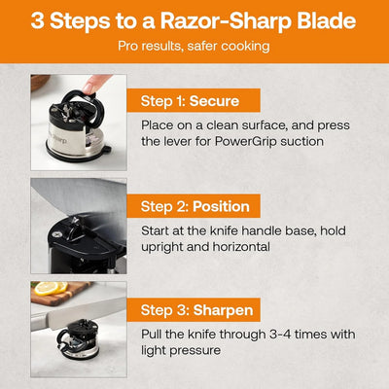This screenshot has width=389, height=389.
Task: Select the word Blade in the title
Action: pos(322,21)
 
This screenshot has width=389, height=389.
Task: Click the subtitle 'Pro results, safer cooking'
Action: pos(194,46)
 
